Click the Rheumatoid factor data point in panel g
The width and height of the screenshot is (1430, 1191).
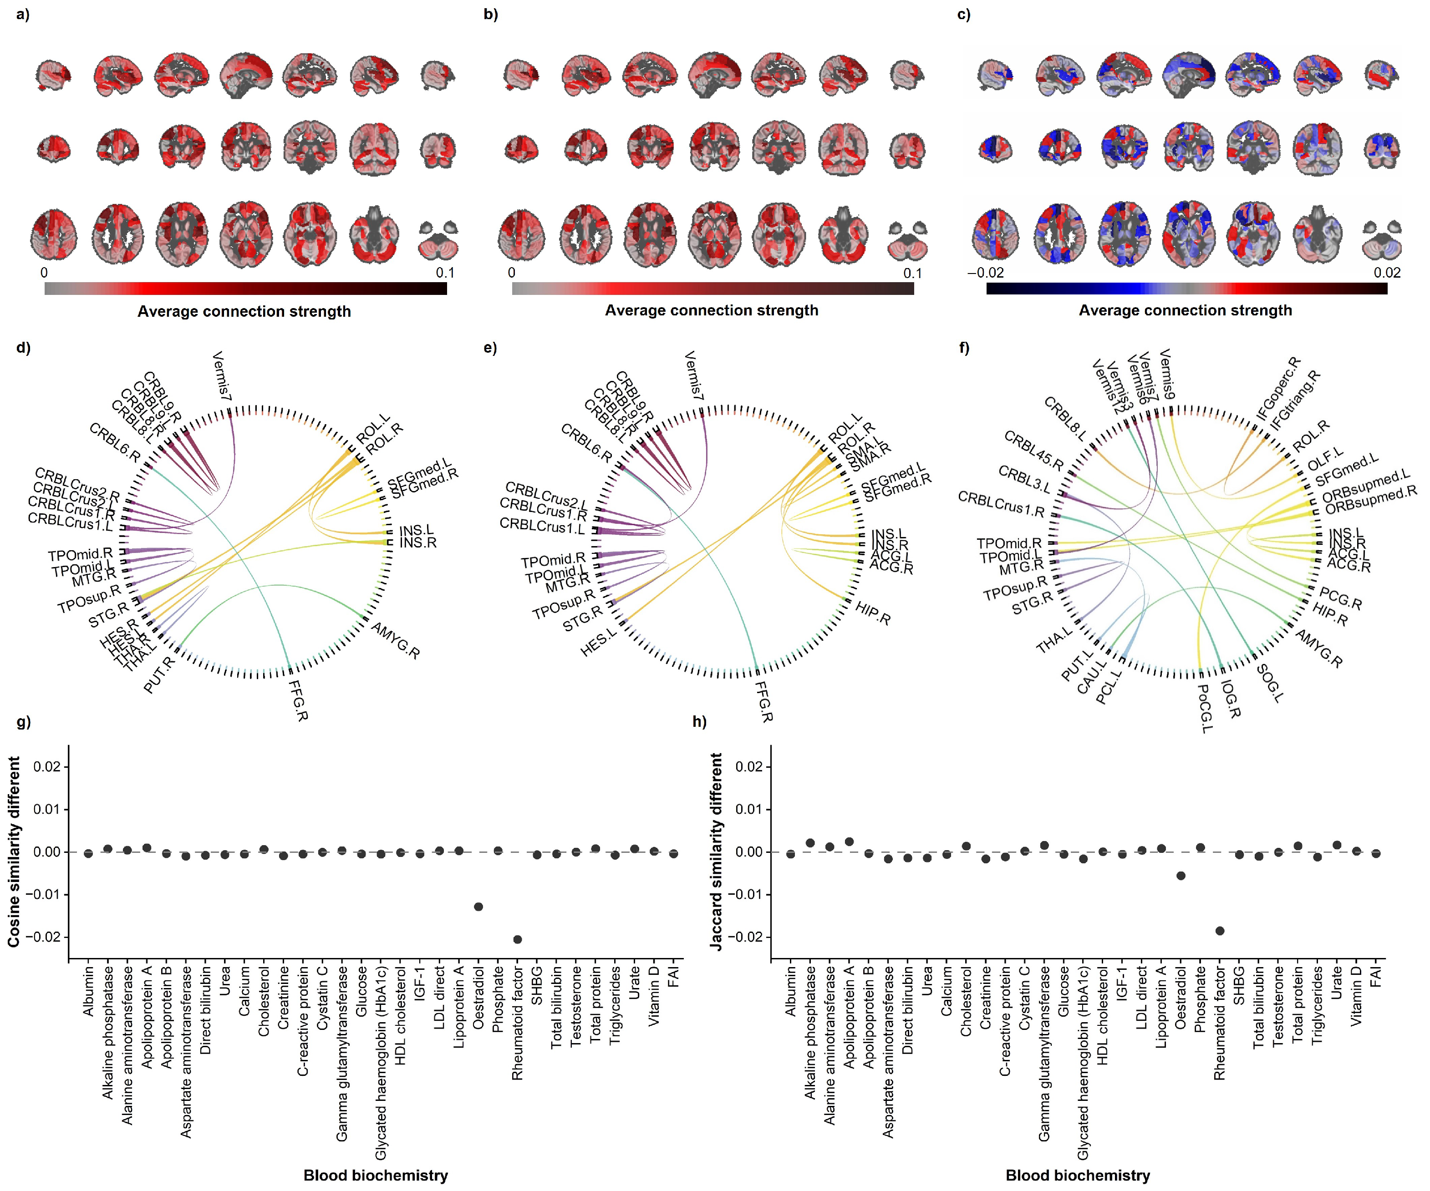(x=518, y=939)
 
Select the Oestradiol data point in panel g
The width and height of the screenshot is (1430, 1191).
(x=478, y=907)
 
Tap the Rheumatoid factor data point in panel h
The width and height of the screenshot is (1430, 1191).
(x=1220, y=930)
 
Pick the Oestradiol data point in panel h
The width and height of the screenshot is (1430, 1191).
(x=1181, y=875)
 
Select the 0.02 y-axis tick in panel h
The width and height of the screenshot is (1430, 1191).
(x=749, y=767)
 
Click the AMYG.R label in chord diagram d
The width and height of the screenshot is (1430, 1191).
(x=395, y=640)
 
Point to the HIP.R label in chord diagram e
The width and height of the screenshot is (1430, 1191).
(x=873, y=613)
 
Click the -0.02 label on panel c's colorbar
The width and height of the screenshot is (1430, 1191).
(x=985, y=273)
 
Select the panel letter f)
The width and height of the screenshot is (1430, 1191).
(x=963, y=348)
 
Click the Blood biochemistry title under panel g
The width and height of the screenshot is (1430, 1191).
(x=375, y=1176)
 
